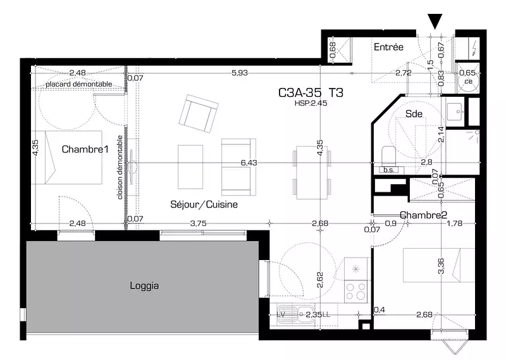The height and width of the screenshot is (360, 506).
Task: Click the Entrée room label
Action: coord(388,47)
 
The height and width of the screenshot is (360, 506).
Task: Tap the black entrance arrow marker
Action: coord(435,21)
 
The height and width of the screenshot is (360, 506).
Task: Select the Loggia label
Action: coord(144,286)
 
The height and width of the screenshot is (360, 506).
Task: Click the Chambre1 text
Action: coord(85,149)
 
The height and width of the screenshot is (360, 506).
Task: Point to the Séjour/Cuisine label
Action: coord(204,204)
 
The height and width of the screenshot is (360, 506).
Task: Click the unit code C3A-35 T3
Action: coord(311,92)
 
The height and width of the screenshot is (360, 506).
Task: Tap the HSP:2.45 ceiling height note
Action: coord(311,103)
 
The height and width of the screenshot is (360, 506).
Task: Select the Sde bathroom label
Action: coord(414,114)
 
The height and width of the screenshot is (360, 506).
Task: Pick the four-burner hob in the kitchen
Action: coord(356,291)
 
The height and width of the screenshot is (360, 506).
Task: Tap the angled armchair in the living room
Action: coord(199,114)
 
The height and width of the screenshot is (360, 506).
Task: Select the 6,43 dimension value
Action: coord(249,163)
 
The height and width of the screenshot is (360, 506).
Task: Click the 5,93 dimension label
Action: coord(240,73)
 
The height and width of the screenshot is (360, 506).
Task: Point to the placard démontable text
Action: coord(78,84)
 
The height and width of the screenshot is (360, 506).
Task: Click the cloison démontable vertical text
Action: coord(120,167)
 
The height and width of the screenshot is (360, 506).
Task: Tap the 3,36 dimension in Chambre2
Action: coord(441,266)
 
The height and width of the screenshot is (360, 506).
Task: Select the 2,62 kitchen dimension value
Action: coord(320,280)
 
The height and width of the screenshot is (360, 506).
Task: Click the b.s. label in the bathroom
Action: coord(389,170)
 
